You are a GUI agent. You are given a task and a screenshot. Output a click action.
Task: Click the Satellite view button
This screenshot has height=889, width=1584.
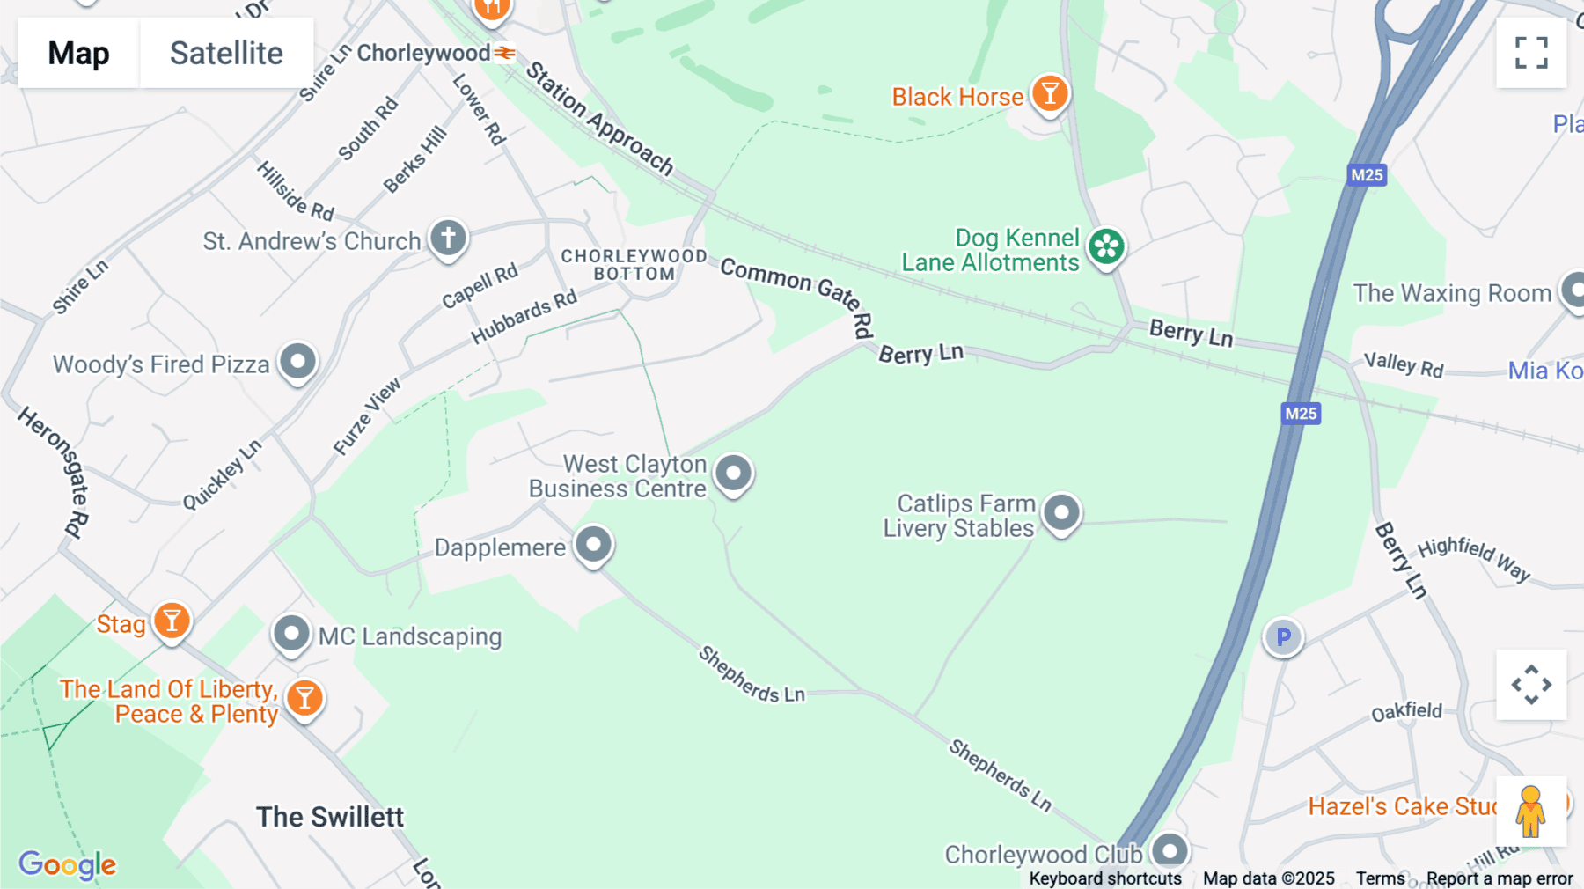coord(226,53)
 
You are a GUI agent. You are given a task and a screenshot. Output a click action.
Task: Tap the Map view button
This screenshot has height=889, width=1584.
coord(78,53)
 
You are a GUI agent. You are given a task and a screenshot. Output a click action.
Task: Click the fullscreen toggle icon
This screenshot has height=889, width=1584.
coord(1531,53)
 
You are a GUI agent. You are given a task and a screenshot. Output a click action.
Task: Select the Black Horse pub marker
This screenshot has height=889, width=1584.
coord(1049,92)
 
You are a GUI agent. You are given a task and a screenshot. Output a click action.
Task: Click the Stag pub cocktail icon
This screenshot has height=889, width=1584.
coord(172,621)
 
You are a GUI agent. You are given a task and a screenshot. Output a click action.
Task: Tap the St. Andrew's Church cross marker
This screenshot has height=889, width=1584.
coord(448,238)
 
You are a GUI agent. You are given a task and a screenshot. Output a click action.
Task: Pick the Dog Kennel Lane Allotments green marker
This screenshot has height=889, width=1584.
coord(1106,246)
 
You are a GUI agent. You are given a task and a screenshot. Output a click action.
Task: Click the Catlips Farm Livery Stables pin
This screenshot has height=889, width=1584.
coord(1061,512)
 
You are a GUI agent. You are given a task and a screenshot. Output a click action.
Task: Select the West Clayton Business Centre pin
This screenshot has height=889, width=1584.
coord(733,473)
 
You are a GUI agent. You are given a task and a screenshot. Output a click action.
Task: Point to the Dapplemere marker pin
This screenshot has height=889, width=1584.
coord(593,544)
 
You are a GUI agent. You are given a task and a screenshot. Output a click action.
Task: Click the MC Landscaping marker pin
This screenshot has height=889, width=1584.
coord(291,633)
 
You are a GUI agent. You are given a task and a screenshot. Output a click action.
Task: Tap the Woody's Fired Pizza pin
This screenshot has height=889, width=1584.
coord(298,361)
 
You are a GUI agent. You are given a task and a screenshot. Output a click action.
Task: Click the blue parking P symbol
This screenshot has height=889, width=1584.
coord(1283,636)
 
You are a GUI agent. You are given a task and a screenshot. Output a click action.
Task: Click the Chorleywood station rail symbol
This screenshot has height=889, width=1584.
coord(504,53)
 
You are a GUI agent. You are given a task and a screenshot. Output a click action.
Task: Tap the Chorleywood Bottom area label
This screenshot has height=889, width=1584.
coord(634,265)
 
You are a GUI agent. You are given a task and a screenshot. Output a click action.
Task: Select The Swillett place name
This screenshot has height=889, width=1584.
coord(330,817)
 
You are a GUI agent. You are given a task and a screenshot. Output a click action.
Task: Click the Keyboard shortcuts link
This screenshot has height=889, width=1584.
coord(1104,878)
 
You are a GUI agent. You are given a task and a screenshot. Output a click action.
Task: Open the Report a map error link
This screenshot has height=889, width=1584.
coord(1500,878)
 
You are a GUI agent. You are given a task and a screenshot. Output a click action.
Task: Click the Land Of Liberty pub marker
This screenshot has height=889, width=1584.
coord(304,698)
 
